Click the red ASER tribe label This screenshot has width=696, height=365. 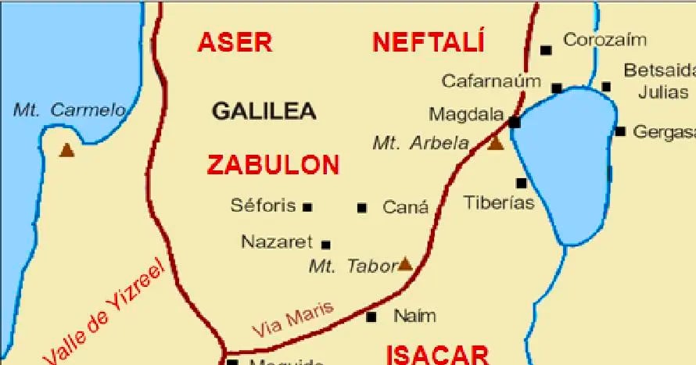(x=235, y=42)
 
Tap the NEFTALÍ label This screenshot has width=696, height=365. (x=429, y=41)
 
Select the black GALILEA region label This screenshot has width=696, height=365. (x=264, y=111)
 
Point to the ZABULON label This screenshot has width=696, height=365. (x=273, y=165)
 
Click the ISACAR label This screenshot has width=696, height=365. (x=438, y=355)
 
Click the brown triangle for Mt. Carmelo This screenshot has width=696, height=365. (x=67, y=149)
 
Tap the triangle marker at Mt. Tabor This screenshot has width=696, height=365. (x=405, y=263)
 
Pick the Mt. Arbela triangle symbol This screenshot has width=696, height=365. (x=496, y=143)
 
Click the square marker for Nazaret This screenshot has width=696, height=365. (x=326, y=245)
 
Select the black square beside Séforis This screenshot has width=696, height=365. (x=307, y=207)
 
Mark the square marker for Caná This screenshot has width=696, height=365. (x=362, y=208)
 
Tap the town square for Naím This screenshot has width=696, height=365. (x=371, y=317)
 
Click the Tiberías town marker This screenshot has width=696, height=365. (x=521, y=184)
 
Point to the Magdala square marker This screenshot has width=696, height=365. (x=514, y=122)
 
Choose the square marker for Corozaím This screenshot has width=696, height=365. (x=546, y=50)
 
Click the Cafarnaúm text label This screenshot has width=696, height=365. (x=491, y=81)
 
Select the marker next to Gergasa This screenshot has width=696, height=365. (x=620, y=131)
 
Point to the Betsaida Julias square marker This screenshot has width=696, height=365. (x=606, y=86)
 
